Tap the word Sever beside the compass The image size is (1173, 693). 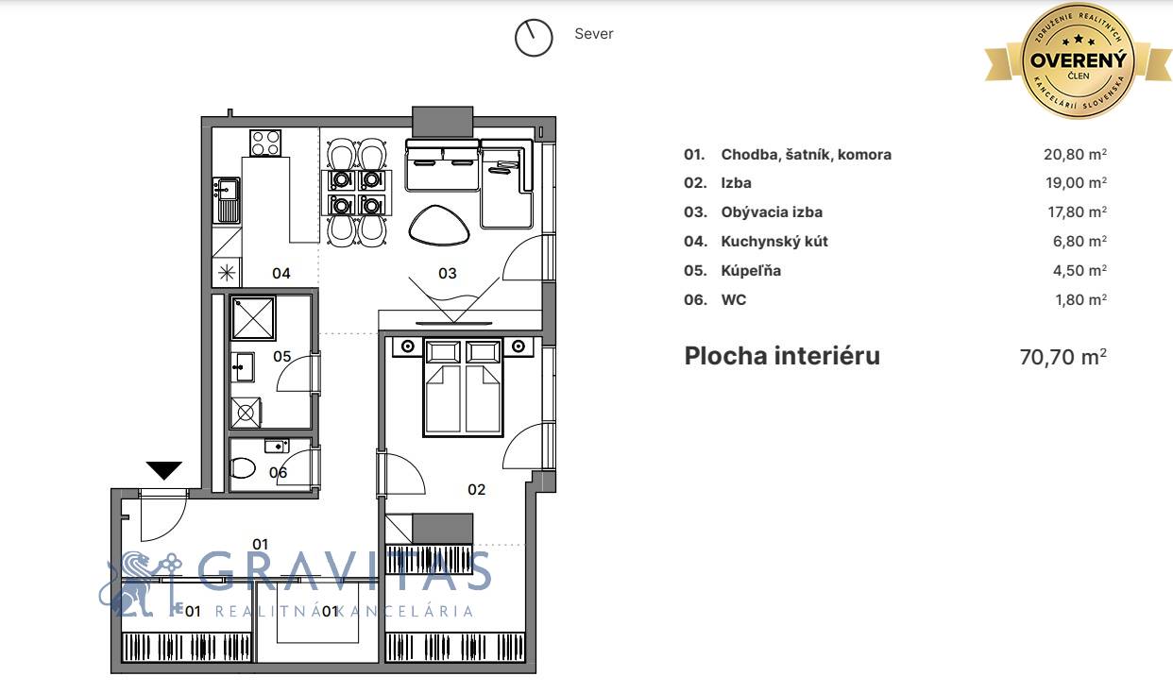[594, 33]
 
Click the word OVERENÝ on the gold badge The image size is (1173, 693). [1079, 60]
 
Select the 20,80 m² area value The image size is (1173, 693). [1075, 155]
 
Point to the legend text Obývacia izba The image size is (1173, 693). [772, 212]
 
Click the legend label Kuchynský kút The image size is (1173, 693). [774, 242]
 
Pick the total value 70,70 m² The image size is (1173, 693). [1063, 357]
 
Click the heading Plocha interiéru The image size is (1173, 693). [782, 356]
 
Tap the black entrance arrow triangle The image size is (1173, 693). [164, 470]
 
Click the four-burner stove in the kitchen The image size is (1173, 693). [265, 143]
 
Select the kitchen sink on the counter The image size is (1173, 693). [227, 200]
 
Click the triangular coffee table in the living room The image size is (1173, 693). [438, 226]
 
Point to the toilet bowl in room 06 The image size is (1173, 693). [243, 468]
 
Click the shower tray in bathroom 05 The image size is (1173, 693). [253, 318]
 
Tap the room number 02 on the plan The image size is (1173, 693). [477, 489]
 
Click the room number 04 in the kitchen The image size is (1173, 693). [281, 273]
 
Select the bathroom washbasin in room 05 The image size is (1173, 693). [243, 367]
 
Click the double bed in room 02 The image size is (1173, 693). [463, 387]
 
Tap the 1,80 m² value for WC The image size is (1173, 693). [1080, 300]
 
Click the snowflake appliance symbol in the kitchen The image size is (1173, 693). [227, 273]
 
